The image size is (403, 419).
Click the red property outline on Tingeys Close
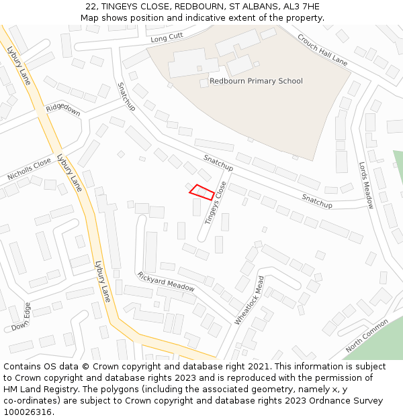[x=201, y=192]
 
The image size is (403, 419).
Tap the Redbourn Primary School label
[x=256, y=81]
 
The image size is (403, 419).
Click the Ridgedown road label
[x=63, y=110]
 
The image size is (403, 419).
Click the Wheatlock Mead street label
[x=249, y=300]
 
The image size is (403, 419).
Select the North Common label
[x=367, y=336]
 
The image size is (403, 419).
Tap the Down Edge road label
[x=21, y=317]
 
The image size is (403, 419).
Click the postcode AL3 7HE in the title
[x=302, y=7]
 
